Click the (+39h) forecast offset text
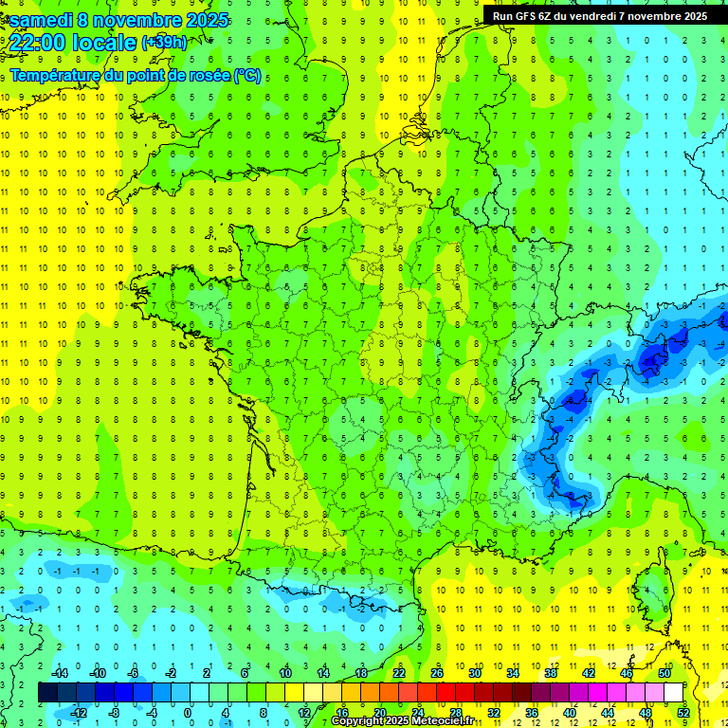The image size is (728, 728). pyautogui.click(x=164, y=43)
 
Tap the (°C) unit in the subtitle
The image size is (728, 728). pyautogui.click(x=247, y=76)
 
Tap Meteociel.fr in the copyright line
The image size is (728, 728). pyautogui.click(x=448, y=721)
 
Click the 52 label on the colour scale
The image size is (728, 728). pyautogui.click(x=683, y=713)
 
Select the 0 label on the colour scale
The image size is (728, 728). pyautogui.click(x=188, y=713)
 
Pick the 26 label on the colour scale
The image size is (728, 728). pyautogui.click(x=437, y=673)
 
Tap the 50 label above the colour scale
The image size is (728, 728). pyautogui.click(x=664, y=673)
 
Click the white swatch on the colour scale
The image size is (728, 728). pyautogui.click(x=674, y=693)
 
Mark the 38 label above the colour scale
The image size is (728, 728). pyautogui.click(x=551, y=673)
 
